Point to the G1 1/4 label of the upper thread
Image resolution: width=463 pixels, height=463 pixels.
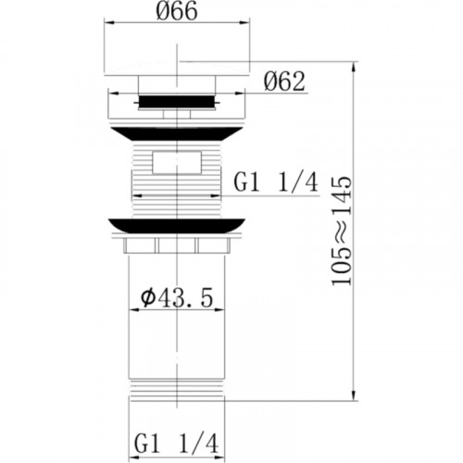point(275,183)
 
